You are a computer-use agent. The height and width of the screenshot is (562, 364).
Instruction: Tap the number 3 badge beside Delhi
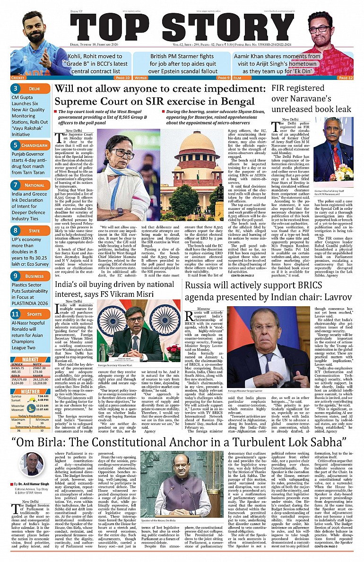pyautogui.click(x=16, y=88)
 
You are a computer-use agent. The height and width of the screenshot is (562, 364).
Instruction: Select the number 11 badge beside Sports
pyautogui.click(x=16, y=314)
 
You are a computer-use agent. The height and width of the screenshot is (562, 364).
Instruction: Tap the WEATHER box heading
pyautogui.click(x=30, y=391)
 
